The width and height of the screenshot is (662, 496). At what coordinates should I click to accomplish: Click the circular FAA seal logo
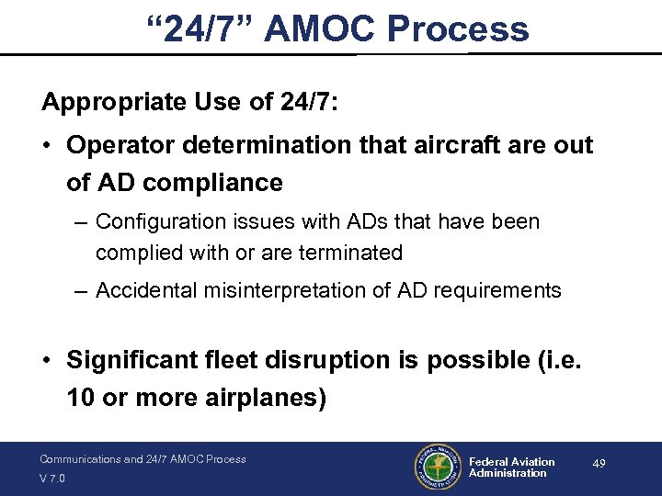coord(437,468)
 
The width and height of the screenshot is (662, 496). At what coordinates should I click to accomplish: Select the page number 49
coord(599,465)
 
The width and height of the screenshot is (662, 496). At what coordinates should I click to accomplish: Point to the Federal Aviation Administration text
coord(511,468)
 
